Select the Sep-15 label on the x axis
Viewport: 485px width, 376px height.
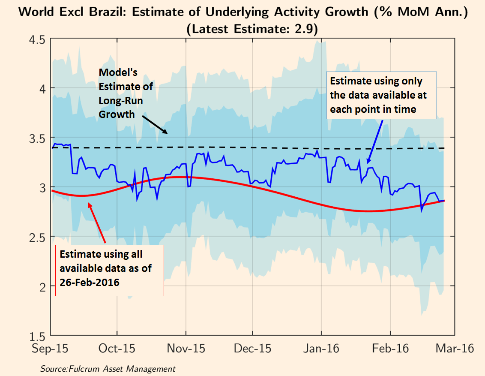coord(50,348)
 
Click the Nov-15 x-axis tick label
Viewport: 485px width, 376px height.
coord(186,348)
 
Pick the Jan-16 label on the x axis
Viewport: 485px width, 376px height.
coord(321,348)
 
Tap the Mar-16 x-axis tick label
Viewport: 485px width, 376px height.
coord(455,348)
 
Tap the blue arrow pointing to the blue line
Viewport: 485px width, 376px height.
coord(375,141)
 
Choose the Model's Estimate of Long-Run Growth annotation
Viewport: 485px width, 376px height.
coord(126,93)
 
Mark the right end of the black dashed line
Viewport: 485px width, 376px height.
coord(444,148)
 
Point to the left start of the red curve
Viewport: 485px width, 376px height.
coord(52,190)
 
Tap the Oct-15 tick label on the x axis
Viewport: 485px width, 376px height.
coord(117,348)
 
